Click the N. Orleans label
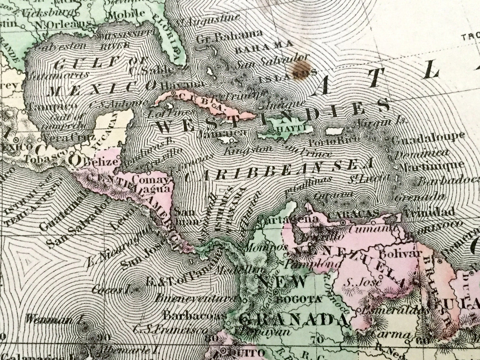click(63, 25)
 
